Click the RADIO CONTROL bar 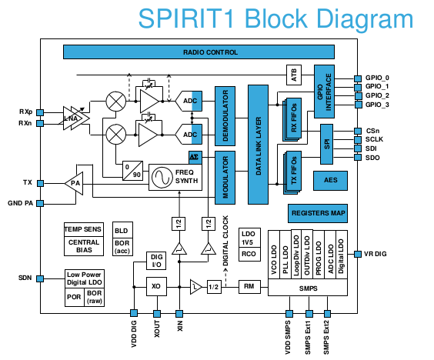tap(199, 52)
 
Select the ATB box tap(294, 75)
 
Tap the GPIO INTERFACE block tap(324, 92)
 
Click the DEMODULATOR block tap(225, 116)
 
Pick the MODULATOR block tap(225, 178)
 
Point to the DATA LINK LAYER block tap(259, 145)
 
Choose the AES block tap(330, 181)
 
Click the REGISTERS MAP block tap(318, 213)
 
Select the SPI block tap(326, 144)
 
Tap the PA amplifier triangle tap(75, 183)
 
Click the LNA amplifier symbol tap(75, 118)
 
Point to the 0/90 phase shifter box tap(133, 171)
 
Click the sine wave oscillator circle tap(162, 178)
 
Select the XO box tap(156, 286)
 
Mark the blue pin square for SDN tap(40, 278)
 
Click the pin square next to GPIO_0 tap(358, 78)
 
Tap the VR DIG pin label tap(375, 254)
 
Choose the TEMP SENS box tap(84, 229)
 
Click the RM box tap(249, 286)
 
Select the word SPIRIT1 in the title tap(186, 18)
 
